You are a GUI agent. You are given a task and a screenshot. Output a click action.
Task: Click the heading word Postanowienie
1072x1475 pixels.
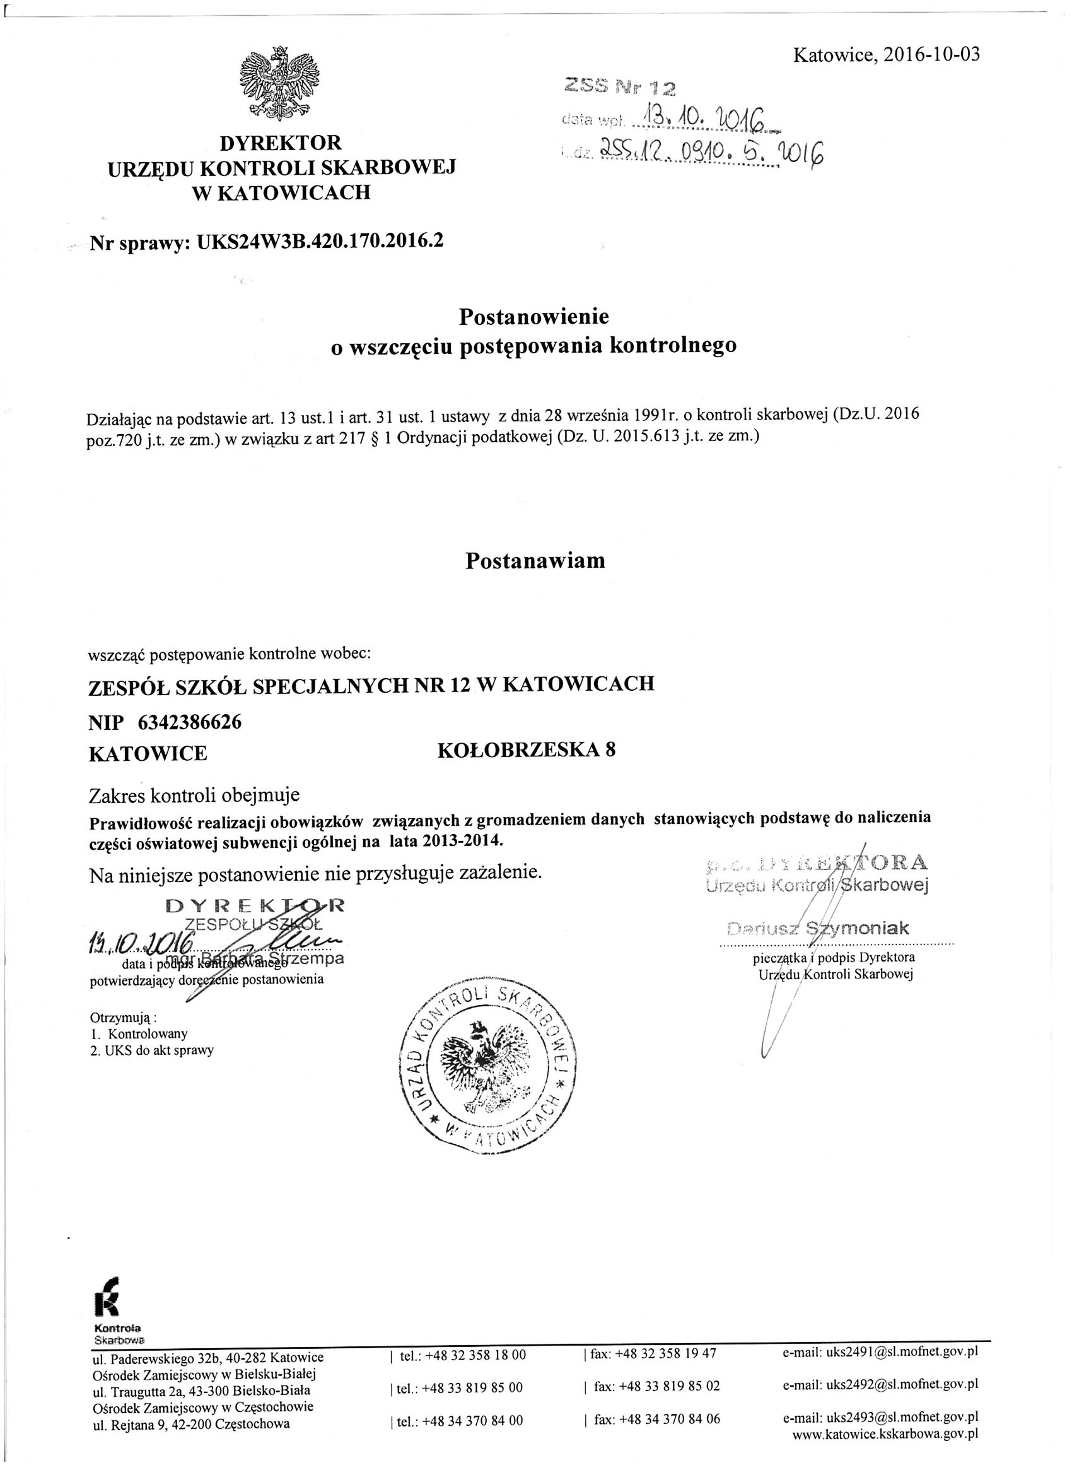click(x=533, y=317)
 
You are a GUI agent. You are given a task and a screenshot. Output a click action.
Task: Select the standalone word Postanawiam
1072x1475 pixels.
click(x=534, y=561)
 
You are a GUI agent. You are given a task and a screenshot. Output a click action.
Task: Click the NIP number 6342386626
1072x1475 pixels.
click(x=189, y=722)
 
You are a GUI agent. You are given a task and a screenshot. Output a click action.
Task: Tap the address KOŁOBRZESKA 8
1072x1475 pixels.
click(x=527, y=750)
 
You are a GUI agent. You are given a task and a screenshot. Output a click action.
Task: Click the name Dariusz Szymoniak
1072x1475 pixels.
click(x=819, y=928)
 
